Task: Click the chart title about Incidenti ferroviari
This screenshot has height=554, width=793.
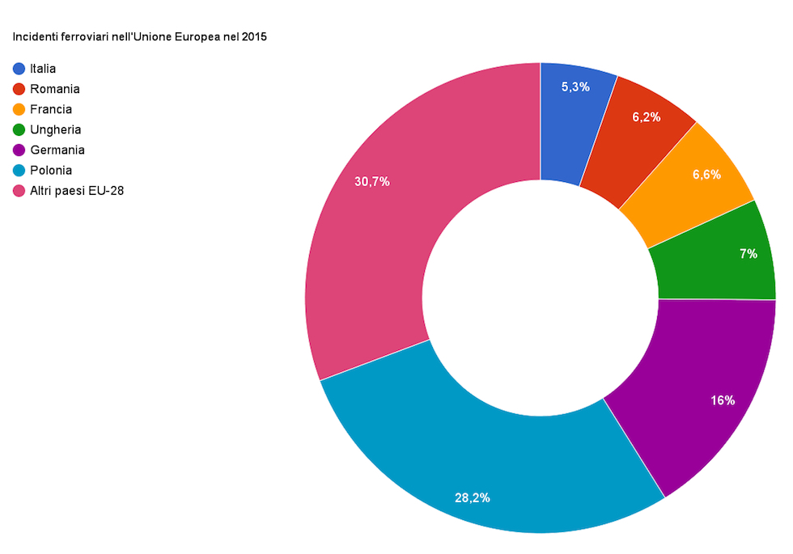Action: pos(139,36)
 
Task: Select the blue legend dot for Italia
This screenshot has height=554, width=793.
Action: pos(19,69)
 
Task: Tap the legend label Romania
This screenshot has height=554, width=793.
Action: pos(54,89)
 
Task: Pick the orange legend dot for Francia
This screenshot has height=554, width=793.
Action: pos(19,109)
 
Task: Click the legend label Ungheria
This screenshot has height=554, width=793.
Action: pos(55,129)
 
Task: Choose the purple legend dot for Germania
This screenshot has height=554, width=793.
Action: pos(19,150)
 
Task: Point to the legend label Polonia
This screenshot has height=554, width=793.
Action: pos(51,170)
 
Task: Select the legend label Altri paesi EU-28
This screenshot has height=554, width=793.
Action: pos(77,190)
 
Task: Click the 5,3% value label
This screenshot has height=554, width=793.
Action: pos(575,87)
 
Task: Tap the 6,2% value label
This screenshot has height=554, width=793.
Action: pos(647,116)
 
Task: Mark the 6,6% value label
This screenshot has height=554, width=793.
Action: pos(706,174)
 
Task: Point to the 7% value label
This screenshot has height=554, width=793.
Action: pos(748,253)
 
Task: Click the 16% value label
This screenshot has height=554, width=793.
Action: pos(723,400)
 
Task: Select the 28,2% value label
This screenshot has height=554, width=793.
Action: pos(472,497)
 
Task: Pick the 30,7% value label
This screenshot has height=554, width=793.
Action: pos(372,181)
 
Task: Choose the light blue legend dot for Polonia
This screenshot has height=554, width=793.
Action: pos(19,170)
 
